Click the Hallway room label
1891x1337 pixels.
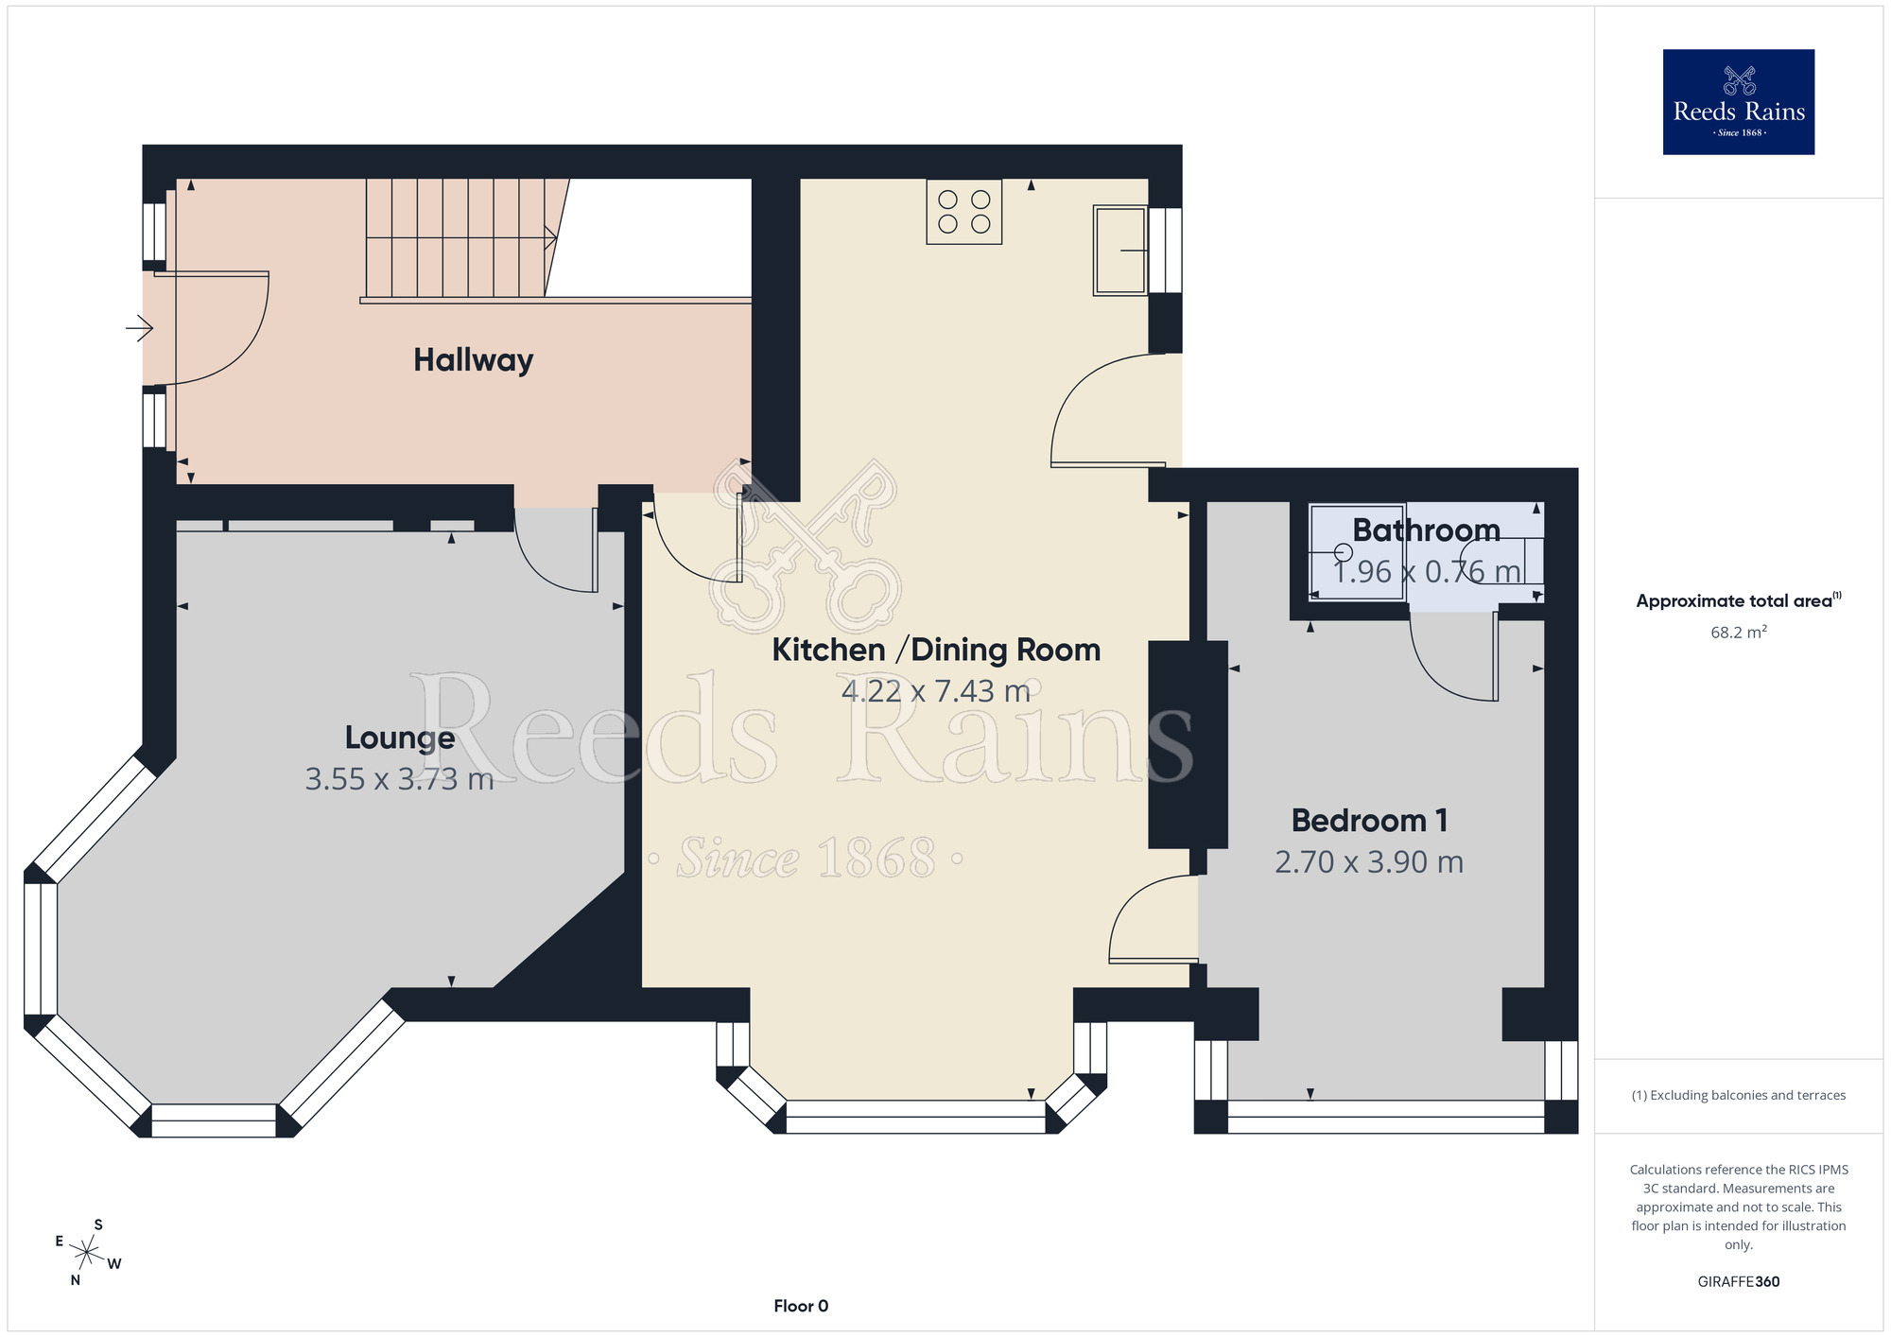(x=474, y=360)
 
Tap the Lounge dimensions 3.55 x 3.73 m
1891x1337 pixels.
(x=399, y=779)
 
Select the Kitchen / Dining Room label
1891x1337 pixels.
(x=936, y=650)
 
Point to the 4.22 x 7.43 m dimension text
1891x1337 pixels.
(x=936, y=691)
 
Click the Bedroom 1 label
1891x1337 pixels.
(x=1369, y=820)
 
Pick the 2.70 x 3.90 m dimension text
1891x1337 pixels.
(x=1369, y=862)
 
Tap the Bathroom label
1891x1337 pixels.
(x=1426, y=530)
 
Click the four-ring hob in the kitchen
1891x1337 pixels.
(x=964, y=212)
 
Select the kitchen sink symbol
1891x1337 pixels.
(x=1120, y=251)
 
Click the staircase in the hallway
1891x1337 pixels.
(x=459, y=239)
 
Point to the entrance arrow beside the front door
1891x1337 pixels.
(x=140, y=328)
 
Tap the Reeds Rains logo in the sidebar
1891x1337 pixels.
(x=1739, y=102)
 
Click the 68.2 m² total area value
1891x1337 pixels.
(x=1739, y=633)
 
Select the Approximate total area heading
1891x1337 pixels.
(x=1739, y=600)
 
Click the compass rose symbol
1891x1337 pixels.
(x=87, y=1254)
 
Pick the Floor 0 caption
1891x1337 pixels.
(x=801, y=1306)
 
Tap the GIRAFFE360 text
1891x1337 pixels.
(x=1739, y=1282)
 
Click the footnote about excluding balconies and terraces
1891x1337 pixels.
(x=1739, y=1095)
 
